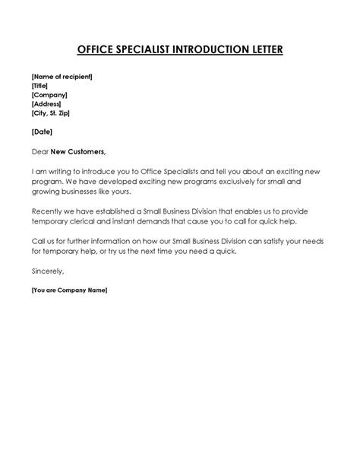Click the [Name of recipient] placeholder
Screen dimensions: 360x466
click(63, 77)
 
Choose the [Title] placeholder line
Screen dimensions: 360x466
click(39, 86)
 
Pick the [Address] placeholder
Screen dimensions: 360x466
click(46, 103)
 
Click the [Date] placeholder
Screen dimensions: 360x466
click(42, 131)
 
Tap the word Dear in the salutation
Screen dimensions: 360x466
click(39, 149)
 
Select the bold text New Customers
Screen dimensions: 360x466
click(79, 149)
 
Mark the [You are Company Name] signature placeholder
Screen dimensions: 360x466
click(69, 290)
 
